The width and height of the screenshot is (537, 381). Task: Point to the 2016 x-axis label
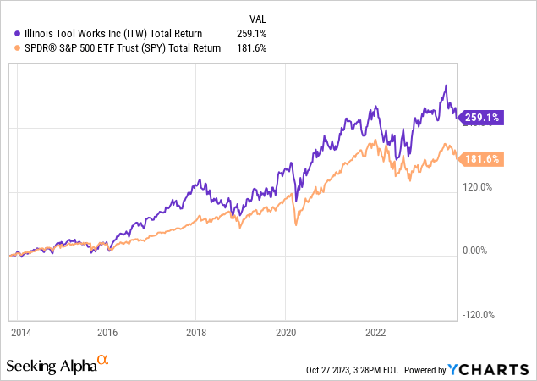107,333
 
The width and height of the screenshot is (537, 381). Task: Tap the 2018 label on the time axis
196,333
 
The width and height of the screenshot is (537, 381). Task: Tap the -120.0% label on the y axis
478,315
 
